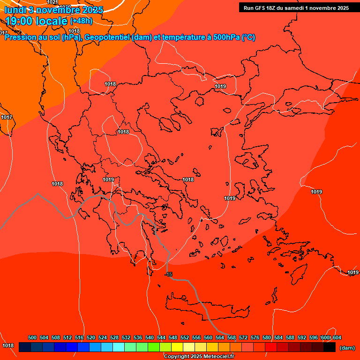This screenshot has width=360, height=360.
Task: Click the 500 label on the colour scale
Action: point(32,337)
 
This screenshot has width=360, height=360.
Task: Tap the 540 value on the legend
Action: point(150,337)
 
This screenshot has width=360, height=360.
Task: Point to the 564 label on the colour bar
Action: point(220,337)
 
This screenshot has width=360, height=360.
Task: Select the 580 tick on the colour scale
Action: point(267,337)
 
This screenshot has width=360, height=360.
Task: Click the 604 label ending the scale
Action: point(337,337)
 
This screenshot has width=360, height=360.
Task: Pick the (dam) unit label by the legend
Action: point(347,347)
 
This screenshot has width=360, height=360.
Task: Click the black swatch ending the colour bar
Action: point(330,347)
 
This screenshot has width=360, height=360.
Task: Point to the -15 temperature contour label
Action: point(169,274)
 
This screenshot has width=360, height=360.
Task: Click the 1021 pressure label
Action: point(52,2)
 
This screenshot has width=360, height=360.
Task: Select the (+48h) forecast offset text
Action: point(81,21)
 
